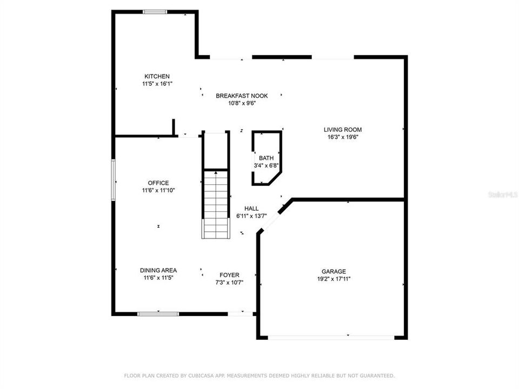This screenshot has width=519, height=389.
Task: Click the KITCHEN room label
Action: coord(157,76)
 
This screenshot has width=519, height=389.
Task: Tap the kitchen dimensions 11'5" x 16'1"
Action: coord(157,84)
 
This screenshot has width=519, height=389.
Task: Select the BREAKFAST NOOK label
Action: coord(242,96)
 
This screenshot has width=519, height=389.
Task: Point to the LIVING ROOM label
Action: coord(343,130)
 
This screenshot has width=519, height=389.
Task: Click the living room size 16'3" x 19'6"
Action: coord(343,137)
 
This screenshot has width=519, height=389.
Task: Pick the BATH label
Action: coord(266,158)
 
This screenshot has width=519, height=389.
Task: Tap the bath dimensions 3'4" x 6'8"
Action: coord(266,165)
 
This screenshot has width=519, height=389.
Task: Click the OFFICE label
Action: coord(158,183)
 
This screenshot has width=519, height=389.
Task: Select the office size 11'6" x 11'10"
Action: coord(158,190)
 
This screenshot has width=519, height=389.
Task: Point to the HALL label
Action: coord(251,208)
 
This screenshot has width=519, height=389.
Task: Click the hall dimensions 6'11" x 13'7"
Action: coord(251,216)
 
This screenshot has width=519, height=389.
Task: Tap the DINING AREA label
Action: coord(158,270)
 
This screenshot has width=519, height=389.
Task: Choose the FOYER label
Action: coord(229,275)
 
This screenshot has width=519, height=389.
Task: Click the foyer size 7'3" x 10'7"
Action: coord(229,283)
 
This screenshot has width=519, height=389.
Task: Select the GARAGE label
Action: coord(334,272)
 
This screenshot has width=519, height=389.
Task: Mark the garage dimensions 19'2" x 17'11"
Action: coord(334,279)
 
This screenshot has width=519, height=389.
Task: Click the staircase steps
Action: coord(216,204)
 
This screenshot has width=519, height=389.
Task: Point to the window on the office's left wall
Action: coord(114,180)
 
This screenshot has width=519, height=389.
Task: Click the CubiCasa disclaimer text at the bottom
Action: coord(259,375)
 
